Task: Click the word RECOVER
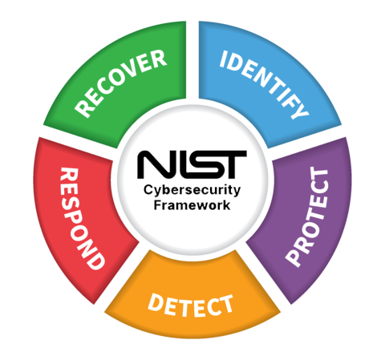tap(121, 83)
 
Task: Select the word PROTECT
tap(307, 216)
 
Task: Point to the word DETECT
tap(190, 305)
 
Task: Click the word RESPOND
tap(81, 219)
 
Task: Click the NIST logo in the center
tap(192, 164)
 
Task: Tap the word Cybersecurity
tap(192, 191)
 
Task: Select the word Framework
tap(192, 205)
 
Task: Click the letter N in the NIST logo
tap(155, 164)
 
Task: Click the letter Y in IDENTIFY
tap(300, 109)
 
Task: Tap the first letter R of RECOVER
tap(83, 107)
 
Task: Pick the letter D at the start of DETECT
tap(156, 302)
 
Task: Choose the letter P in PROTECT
tap(294, 257)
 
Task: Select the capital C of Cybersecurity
tap(148, 190)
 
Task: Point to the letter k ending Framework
tap(227, 205)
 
